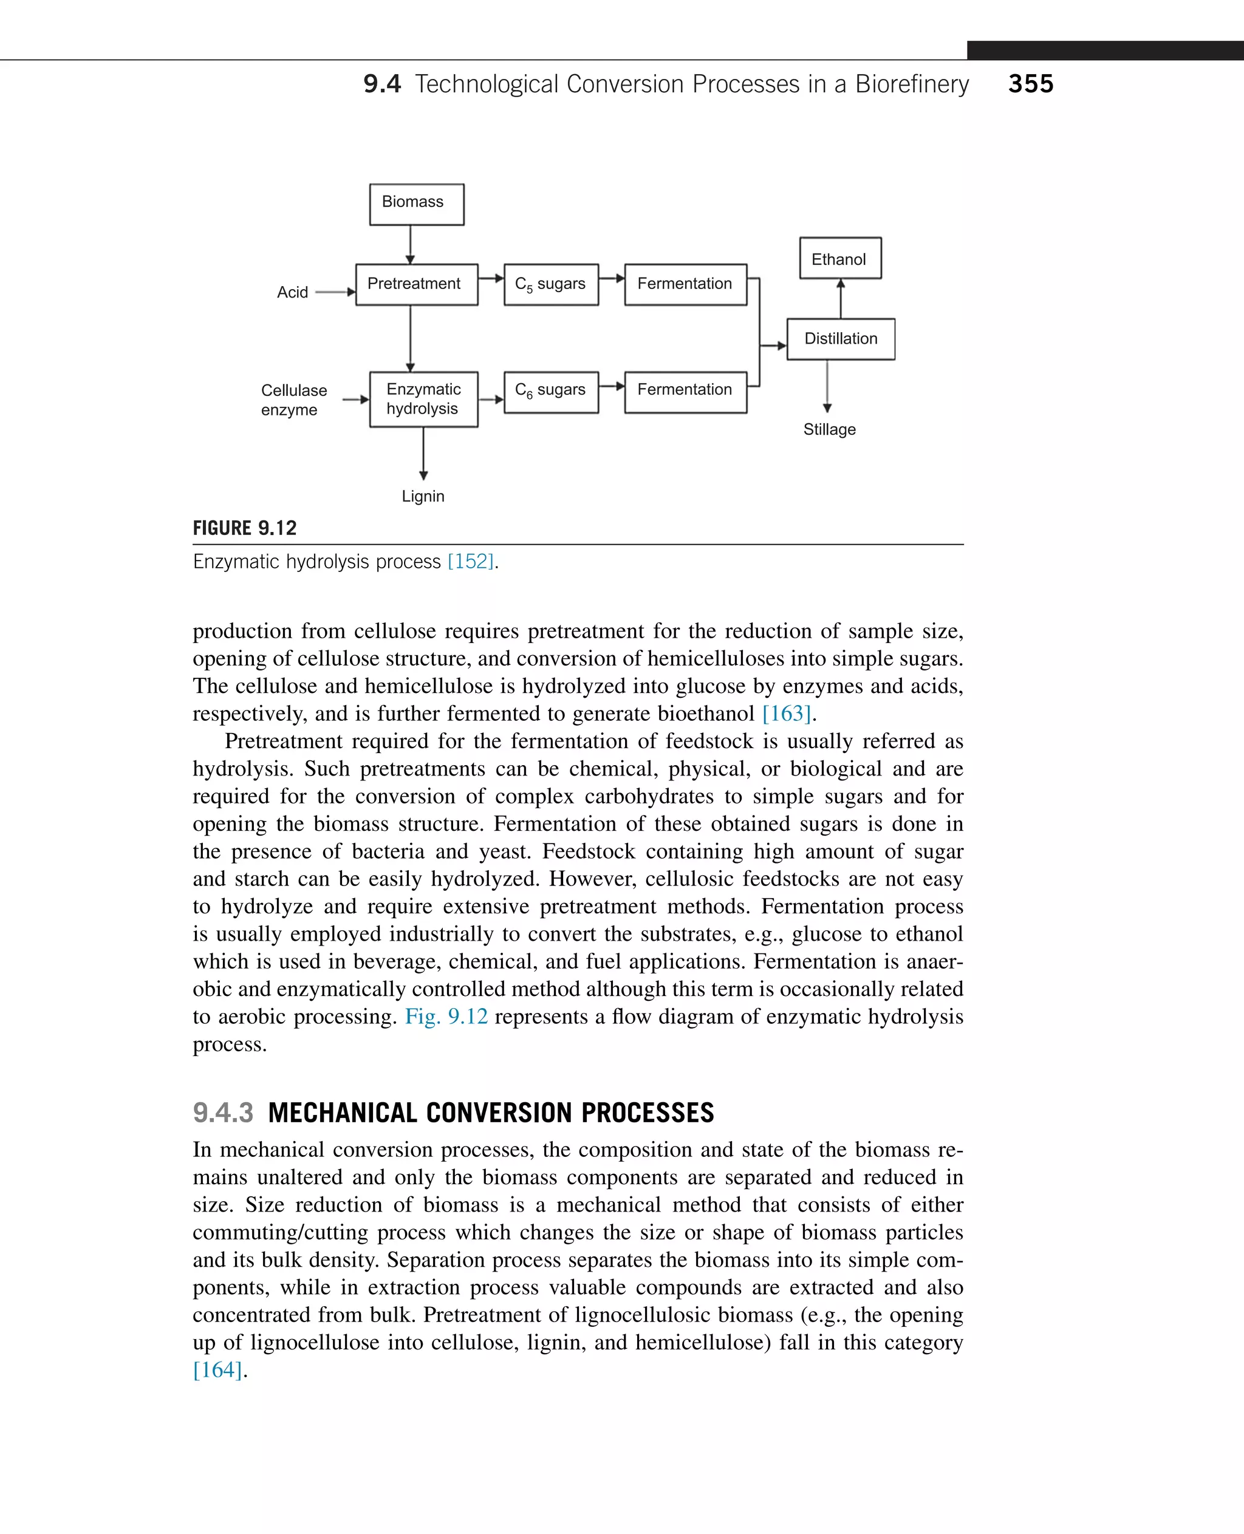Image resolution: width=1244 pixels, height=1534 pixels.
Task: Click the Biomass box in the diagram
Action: pyautogui.click(x=416, y=204)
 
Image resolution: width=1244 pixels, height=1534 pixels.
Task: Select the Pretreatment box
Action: pyautogui.click(x=416, y=284)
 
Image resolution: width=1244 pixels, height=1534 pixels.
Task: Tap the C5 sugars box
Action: pyautogui.click(x=550, y=284)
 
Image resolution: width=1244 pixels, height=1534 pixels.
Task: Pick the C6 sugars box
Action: pyautogui.click(x=550, y=391)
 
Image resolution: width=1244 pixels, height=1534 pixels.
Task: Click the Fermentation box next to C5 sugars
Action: pyautogui.click(x=685, y=284)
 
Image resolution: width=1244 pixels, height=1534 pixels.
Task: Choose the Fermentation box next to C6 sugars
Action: pyautogui.click(x=685, y=391)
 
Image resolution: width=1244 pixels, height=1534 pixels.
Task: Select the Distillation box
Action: pyautogui.click(x=841, y=339)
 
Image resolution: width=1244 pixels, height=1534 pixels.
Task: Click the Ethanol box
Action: pyautogui.click(x=840, y=258)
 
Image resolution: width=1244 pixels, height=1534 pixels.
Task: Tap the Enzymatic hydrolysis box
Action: pyautogui.click(x=423, y=399)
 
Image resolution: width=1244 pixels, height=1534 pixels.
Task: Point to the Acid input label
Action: pyautogui.click(x=292, y=292)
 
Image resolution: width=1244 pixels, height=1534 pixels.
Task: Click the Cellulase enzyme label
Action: pyautogui.click(x=293, y=400)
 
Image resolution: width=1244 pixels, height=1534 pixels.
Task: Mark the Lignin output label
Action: pyautogui.click(x=423, y=497)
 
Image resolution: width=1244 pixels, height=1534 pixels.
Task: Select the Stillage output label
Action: pyautogui.click(x=829, y=430)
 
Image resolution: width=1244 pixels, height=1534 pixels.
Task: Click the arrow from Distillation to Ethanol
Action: pyautogui.click(x=841, y=298)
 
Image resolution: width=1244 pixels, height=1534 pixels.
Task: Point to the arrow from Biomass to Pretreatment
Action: pyautogui.click(x=410, y=245)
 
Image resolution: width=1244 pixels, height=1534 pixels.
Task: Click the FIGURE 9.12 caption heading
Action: pyautogui.click(x=244, y=528)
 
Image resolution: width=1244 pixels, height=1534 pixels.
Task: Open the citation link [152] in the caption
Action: pyautogui.click(x=471, y=562)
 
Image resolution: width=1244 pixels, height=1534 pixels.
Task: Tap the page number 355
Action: pyautogui.click(x=1030, y=84)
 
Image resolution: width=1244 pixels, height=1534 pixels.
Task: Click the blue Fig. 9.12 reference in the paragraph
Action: pyautogui.click(x=446, y=1017)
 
